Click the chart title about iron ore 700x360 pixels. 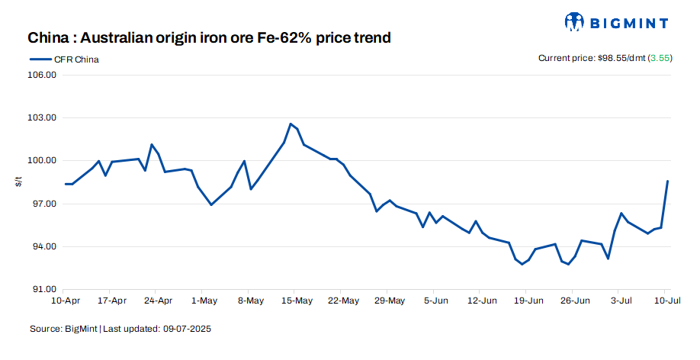(x=210, y=37)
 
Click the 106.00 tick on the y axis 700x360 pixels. (x=43, y=76)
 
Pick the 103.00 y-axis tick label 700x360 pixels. (x=43, y=118)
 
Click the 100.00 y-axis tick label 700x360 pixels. (x=43, y=161)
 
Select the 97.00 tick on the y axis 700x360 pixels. (x=44, y=204)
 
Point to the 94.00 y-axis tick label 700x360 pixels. (x=44, y=246)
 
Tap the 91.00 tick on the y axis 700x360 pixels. (x=44, y=289)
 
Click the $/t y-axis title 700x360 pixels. (x=18, y=182)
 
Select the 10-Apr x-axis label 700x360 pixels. (x=66, y=301)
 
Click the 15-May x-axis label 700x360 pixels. (x=297, y=301)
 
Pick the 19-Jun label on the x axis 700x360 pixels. (x=528, y=301)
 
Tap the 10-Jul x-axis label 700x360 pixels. (x=666, y=301)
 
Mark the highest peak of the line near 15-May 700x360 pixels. (x=291, y=124)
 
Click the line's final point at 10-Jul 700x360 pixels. (x=667, y=181)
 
